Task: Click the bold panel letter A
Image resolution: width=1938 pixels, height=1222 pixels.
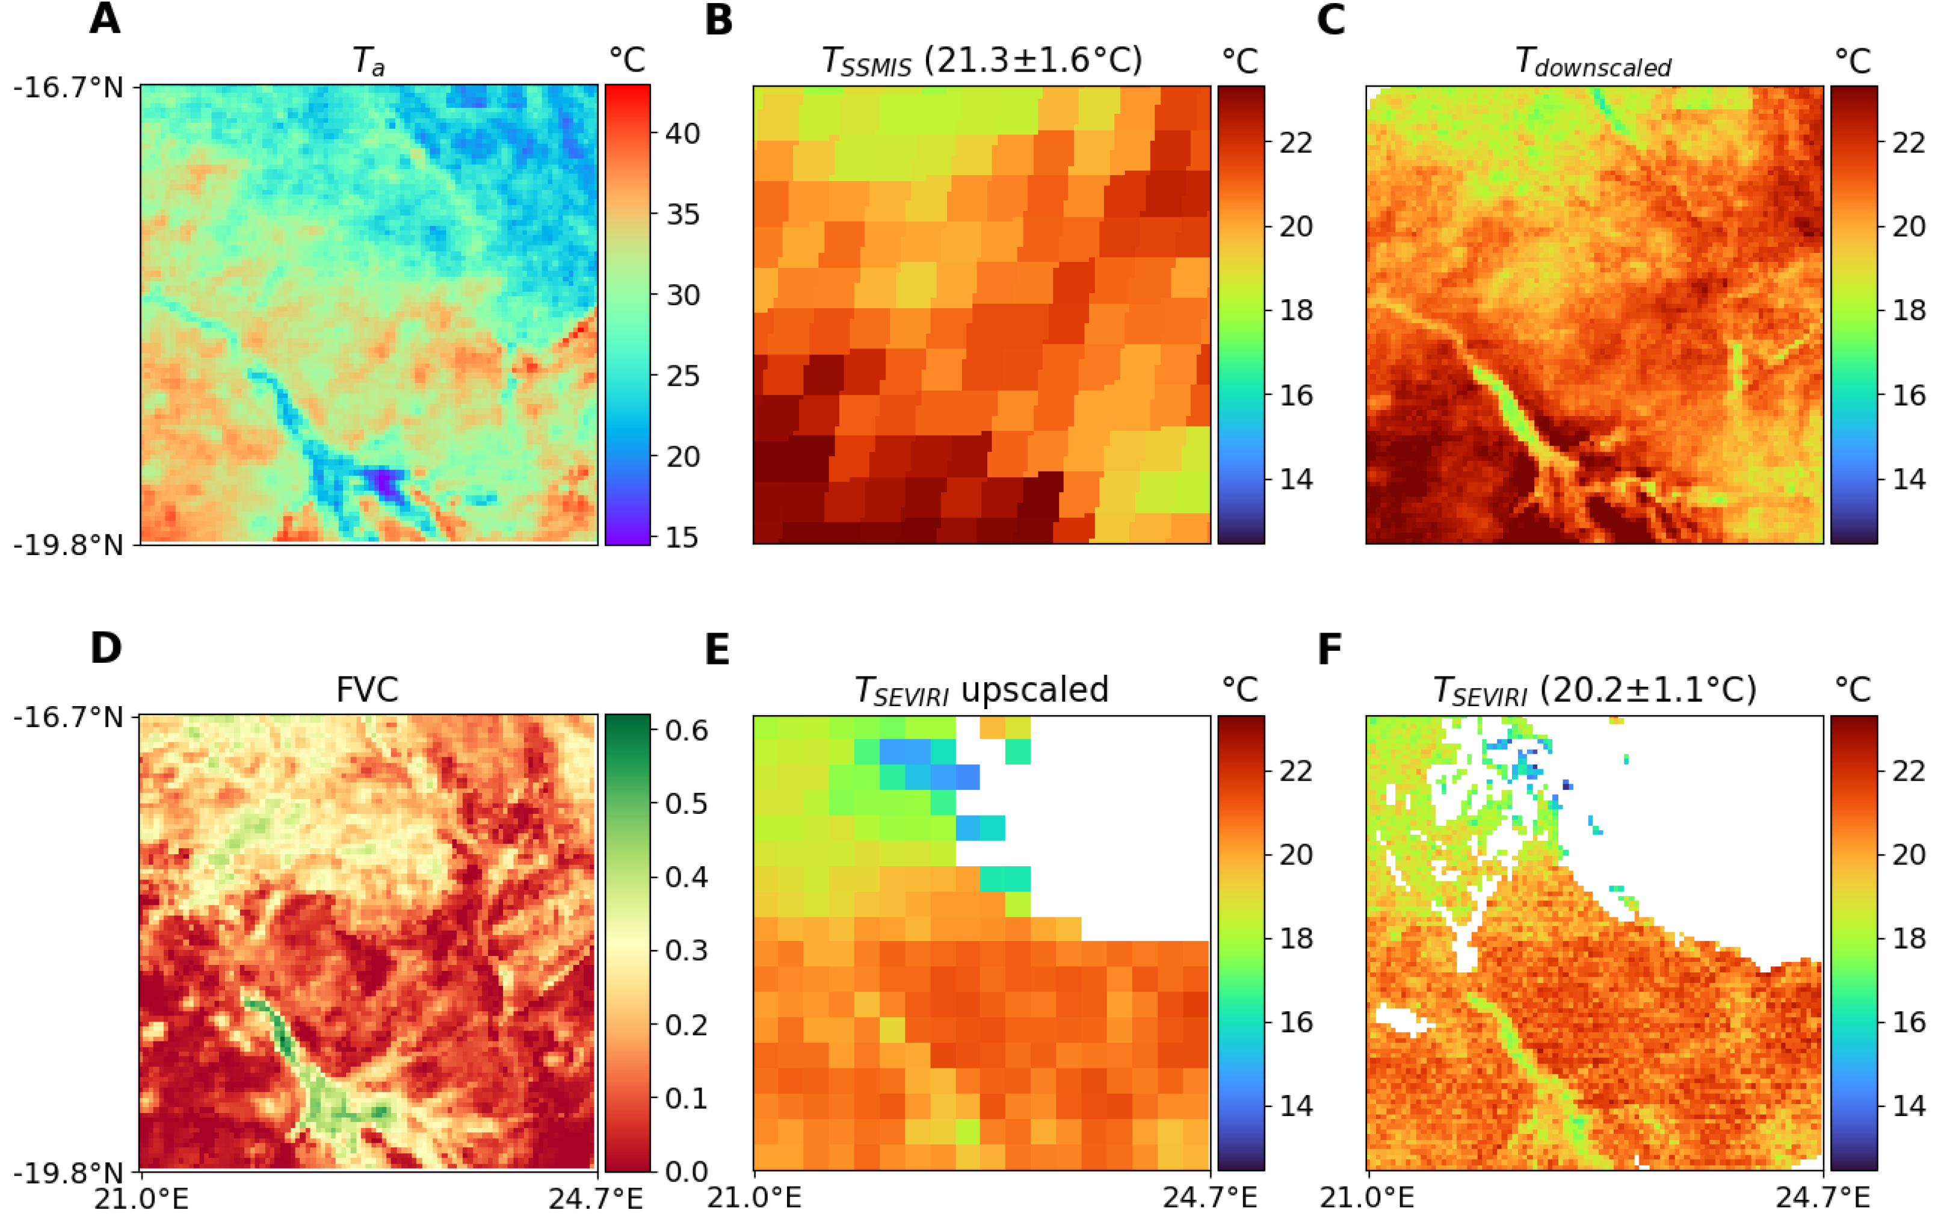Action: click(x=105, y=19)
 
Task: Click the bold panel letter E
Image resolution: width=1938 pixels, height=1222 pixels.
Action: click(x=717, y=649)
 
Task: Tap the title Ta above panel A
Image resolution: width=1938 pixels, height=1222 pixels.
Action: click(x=369, y=61)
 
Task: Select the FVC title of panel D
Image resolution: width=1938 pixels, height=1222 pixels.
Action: click(x=367, y=690)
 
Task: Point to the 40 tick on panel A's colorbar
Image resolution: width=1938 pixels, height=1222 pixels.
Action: click(x=682, y=133)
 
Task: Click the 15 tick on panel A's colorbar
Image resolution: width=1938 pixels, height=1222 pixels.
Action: click(x=682, y=537)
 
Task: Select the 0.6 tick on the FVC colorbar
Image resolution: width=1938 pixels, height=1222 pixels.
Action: click(x=686, y=730)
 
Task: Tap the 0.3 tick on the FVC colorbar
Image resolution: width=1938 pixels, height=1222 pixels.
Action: click(x=686, y=950)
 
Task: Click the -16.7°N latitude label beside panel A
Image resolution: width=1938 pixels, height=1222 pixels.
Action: click(x=69, y=87)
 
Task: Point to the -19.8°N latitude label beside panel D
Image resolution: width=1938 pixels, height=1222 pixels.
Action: click(x=69, y=1173)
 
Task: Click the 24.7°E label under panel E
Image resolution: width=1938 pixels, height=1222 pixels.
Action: click(x=1209, y=1198)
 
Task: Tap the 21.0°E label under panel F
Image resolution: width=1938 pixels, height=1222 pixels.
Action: click(x=1366, y=1198)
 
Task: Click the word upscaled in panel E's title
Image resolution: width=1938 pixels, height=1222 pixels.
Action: click(x=1034, y=690)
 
